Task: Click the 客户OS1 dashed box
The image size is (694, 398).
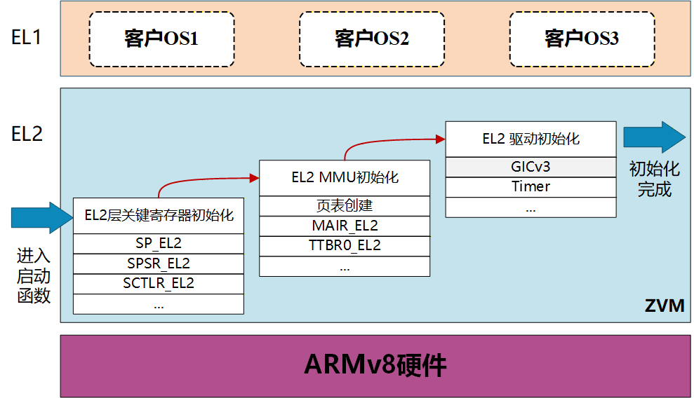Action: (161, 39)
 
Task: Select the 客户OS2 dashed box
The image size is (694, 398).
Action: (371, 39)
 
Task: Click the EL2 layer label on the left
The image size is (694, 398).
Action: (27, 134)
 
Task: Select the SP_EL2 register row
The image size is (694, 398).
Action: (159, 244)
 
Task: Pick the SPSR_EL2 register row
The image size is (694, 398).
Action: (159, 263)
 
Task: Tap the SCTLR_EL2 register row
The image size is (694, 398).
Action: (159, 283)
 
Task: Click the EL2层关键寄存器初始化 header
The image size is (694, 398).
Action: (159, 215)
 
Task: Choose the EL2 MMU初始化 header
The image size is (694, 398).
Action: (345, 177)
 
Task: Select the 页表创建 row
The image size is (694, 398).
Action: (345, 206)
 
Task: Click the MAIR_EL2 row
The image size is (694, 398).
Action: (345, 226)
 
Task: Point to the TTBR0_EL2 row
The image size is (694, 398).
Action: (345, 245)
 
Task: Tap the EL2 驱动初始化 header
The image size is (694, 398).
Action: (530, 139)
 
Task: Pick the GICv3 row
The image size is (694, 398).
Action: (530, 167)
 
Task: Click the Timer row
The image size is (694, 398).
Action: (530, 187)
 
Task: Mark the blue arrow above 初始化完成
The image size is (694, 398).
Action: (654, 137)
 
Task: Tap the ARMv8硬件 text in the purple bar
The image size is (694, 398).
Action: (375, 366)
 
